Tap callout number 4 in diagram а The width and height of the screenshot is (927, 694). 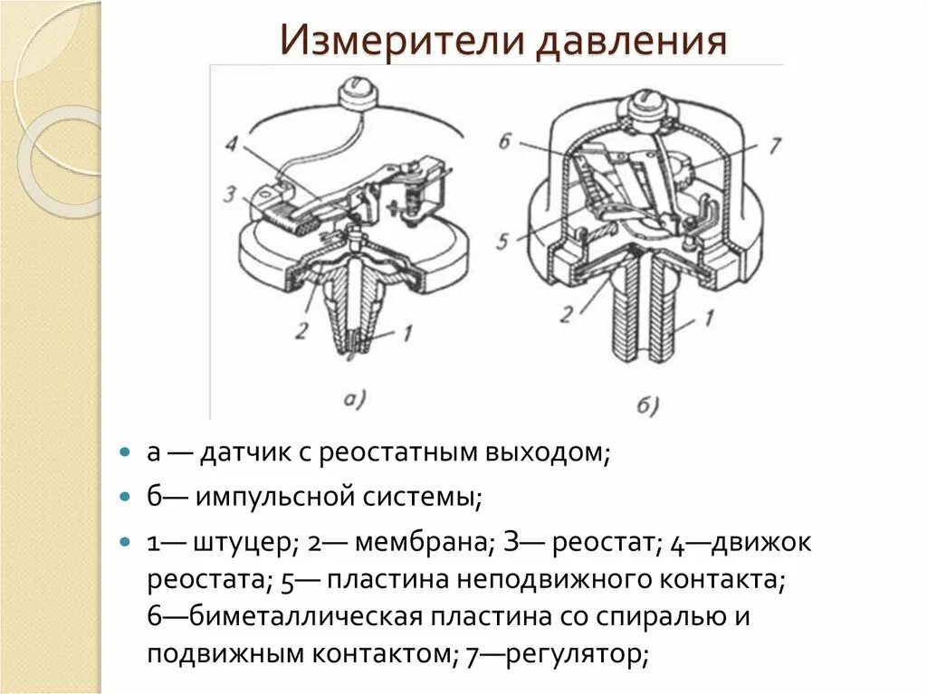233,143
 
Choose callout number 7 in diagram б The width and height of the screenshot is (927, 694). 775,144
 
